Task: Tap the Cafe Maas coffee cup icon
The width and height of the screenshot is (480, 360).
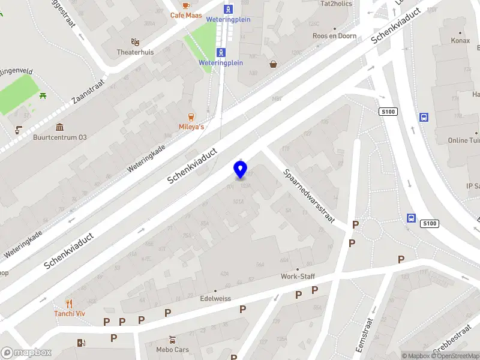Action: click(x=185, y=5)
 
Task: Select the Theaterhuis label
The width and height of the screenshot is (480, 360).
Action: click(x=135, y=52)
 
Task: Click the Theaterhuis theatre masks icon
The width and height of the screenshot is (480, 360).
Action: click(x=136, y=42)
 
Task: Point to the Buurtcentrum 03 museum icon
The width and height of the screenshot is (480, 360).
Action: click(x=60, y=127)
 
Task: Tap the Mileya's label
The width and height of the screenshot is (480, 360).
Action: click(x=191, y=127)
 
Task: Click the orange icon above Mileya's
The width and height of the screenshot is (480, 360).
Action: click(x=191, y=116)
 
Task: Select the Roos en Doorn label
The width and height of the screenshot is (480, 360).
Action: click(x=334, y=36)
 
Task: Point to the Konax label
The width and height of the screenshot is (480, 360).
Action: click(x=461, y=41)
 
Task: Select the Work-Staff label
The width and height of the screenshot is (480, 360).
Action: click(x=298, y=277)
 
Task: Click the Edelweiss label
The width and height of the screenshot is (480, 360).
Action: click(x=215, y=298)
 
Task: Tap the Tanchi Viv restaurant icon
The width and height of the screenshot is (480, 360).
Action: click(x=69, y=304)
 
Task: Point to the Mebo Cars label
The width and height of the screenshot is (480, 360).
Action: click(x=172, y=349)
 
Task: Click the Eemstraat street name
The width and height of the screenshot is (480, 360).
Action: click(x=364, y=335)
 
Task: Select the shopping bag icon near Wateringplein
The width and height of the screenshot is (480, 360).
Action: click(x=274, y=64)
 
